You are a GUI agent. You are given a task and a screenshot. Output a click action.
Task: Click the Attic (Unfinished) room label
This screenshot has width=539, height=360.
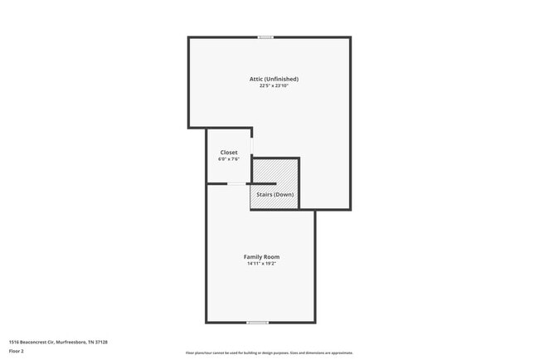[274, 79]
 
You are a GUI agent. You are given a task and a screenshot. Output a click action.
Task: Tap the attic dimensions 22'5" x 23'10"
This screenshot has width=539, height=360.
[274, 85]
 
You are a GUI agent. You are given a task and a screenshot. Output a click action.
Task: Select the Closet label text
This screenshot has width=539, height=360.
[229, 153]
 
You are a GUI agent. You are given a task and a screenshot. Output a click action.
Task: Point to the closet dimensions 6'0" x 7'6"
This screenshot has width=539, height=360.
[229, 159]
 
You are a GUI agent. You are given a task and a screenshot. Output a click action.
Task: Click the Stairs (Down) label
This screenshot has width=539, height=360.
[274, 194]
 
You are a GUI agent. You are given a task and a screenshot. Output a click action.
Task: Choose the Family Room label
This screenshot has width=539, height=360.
[261, 257]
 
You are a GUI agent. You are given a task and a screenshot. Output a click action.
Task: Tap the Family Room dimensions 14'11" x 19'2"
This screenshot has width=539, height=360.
[261, 264]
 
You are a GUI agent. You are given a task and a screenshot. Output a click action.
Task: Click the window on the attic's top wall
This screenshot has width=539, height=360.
[265, 37]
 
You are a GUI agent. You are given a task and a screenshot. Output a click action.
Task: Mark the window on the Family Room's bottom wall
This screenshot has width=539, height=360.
[257, 322]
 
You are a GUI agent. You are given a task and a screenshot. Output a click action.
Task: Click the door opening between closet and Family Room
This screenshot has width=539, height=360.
[236, 183]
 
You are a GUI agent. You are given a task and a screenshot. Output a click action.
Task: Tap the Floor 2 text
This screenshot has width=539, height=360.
[17, 351]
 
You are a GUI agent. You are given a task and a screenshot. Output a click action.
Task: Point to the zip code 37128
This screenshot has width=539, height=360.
[102, 342]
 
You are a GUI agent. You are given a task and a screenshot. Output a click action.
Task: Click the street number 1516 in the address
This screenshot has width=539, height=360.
[14, 342]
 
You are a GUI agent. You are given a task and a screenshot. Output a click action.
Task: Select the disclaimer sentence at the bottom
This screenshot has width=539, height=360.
[269, 353]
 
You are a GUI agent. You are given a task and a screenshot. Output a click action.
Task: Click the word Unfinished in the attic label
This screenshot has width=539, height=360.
[283, 79]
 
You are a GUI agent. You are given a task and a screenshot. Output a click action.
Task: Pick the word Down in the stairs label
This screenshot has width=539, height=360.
[284, 194]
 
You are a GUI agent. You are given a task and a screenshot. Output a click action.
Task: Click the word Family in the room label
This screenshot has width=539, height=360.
[253, 257]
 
